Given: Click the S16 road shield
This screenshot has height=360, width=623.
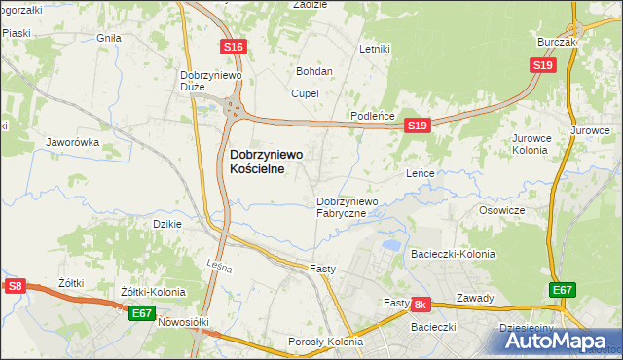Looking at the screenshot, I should point(232,47).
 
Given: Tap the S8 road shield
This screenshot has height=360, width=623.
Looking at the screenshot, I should point(14,286).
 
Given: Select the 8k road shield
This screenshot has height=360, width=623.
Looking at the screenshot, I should point(421,305).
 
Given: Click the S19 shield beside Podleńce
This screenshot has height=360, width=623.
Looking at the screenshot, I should point(417,126).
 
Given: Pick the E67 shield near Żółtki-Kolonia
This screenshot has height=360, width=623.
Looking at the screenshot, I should point(141,312).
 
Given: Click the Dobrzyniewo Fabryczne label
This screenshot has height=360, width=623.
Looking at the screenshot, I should point(353,207).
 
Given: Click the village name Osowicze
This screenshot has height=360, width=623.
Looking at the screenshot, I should point(502,210).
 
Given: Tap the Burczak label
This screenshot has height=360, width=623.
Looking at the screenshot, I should point(558,43).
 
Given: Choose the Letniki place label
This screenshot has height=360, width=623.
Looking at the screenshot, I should point(374,48).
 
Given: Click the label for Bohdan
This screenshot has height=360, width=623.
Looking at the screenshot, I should point(314,71).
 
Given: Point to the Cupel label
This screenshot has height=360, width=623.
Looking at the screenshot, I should point(305,93).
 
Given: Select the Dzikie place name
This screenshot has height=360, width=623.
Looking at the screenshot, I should point(168,223).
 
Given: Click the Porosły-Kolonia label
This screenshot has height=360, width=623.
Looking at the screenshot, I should point(325,342).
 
